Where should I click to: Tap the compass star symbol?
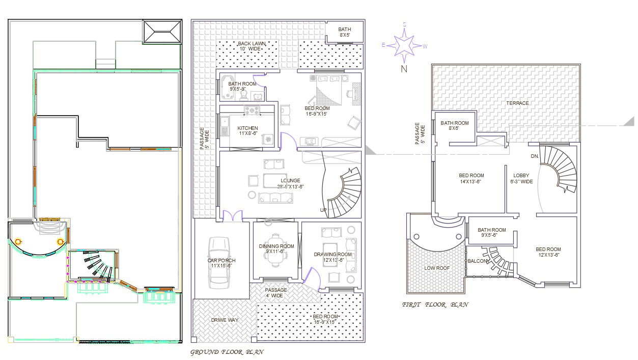(404, 45)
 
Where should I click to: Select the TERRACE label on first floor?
(517, 103)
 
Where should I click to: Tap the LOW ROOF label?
(435, 267)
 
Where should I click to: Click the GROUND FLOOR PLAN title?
(227, 352)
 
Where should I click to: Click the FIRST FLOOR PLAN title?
(435, 304)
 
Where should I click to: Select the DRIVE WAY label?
(225, 320)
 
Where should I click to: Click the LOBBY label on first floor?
(521, 178)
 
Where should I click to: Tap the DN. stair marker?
(534, 156)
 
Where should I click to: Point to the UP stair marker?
(323, 210)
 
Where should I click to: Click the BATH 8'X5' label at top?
(344, 32)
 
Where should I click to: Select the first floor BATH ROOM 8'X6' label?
(454, 125)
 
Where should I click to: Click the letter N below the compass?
(404, 70)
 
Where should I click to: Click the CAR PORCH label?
(221, 263)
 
